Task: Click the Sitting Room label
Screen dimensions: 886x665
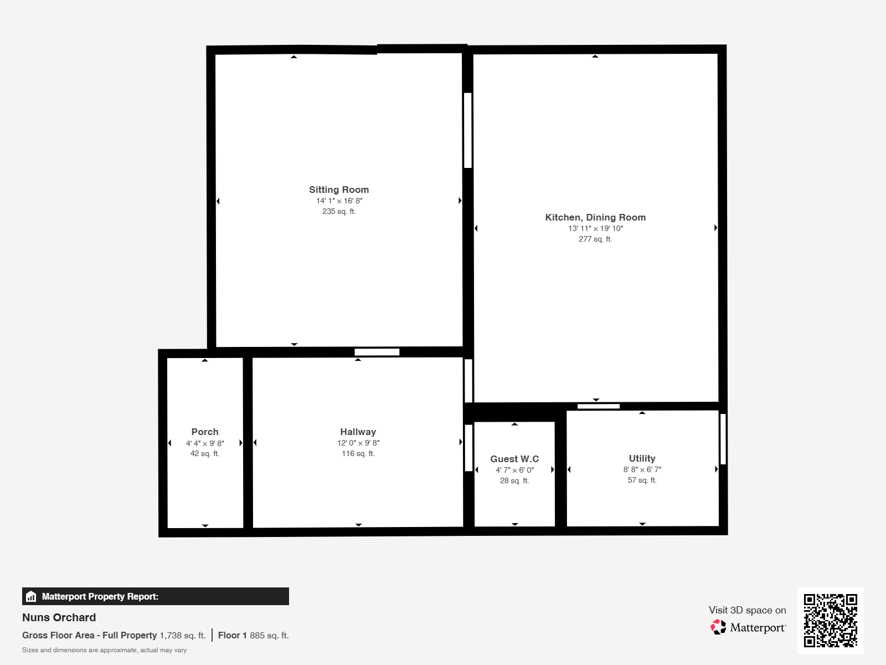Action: click(339, 190)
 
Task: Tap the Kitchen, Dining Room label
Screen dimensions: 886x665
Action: click(595, 218)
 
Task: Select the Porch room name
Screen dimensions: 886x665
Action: click(205, 432)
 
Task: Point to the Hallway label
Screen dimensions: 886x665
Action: click(358, 432)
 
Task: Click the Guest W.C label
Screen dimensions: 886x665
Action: click(514, 459)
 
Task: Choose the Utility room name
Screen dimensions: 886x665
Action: click(642, 458)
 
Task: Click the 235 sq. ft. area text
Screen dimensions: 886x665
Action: click(339, 211)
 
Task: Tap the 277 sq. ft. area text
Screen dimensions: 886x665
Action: click(595, 239)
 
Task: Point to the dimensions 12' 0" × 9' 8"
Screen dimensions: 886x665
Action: click(358, 443)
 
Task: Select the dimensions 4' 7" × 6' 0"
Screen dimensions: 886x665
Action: click(514, 470)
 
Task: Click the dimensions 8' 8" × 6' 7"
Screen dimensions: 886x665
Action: click(642, 469)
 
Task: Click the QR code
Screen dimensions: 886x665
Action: click(830, 621)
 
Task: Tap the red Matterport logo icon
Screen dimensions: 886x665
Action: click(718, 627)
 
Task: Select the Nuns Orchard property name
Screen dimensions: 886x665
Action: click(59, 617)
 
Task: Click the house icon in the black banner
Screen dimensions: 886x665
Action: click(31, 596)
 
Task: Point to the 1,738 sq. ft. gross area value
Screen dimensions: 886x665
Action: click(182, 636)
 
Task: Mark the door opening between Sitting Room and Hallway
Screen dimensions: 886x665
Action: click(377, 352)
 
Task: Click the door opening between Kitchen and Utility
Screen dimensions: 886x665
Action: click(599, 406)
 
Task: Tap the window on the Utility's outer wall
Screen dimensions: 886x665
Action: click(723, 439)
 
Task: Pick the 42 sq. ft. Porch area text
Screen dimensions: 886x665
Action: click(205, 453)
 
